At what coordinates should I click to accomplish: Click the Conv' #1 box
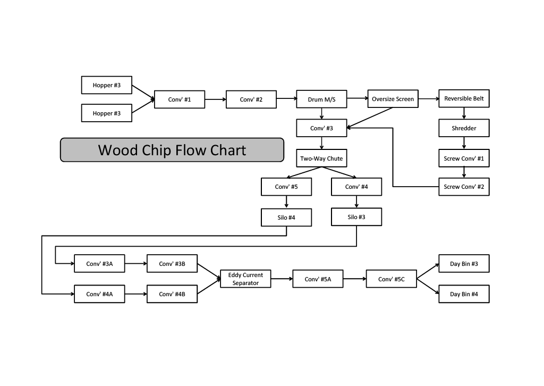coord(180,99)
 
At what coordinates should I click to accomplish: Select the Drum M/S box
coord(321,99)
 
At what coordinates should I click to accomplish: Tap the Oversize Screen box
coord(393,99)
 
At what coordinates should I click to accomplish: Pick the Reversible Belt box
coord(464,98)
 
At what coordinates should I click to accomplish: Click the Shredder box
coord(464,128)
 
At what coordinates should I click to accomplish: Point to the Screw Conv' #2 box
coord(464,187)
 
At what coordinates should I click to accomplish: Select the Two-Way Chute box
coord(321,158)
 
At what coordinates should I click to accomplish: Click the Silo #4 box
coord(286,217)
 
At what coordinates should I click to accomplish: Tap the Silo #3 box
coord(356,217)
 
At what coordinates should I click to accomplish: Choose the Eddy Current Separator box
coord(245,279)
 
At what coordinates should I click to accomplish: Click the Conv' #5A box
coord(318,279)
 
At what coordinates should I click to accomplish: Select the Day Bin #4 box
coord(464,294)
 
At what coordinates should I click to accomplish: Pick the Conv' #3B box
coord(172,264)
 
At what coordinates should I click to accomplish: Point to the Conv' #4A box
coord(99,294)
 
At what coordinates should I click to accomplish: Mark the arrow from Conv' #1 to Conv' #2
coord(215,99)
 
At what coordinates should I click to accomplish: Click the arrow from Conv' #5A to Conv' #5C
coord(354,279)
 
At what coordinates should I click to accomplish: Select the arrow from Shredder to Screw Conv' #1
coord(464,143)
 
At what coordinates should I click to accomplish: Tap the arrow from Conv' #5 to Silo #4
coord(286,202)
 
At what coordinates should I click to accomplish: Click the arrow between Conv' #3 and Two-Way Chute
coord(321,143)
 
